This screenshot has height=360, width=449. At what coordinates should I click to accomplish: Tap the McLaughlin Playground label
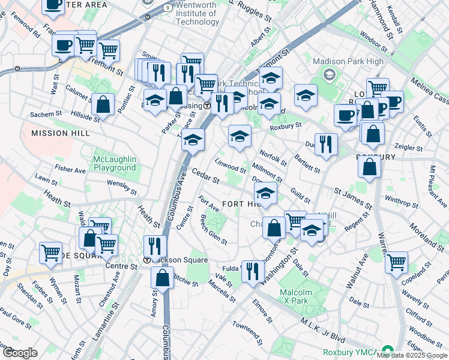tap(115, 163)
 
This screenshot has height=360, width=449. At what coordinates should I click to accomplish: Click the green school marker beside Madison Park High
tap(329, 74)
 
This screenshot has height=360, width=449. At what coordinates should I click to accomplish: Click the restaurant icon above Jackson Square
tap(155, 246)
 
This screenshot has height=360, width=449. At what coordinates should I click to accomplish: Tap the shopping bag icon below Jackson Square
tap(163, 278)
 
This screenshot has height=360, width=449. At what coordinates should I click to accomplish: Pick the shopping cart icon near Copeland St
tap(396, 261)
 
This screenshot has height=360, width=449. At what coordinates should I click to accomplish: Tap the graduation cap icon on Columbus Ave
tap(193, 140)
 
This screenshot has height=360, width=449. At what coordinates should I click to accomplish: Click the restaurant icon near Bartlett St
tap(326, 144)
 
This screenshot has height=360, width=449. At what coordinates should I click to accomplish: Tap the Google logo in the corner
tap(20, 353)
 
